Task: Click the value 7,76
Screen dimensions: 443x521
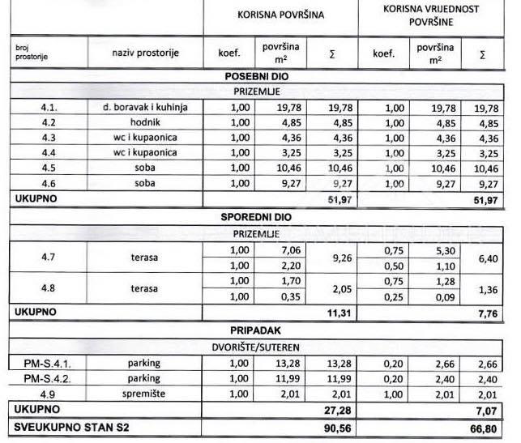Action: [486, 311]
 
